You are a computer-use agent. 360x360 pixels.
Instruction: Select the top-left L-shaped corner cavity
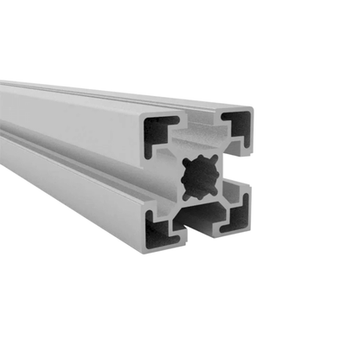pyautogui.click(x=157, y=132)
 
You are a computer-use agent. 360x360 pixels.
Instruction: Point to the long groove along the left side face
pyautogui.click(x=69, y=147)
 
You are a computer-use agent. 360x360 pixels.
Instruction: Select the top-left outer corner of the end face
pyautogui.click(x=142, y=118)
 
